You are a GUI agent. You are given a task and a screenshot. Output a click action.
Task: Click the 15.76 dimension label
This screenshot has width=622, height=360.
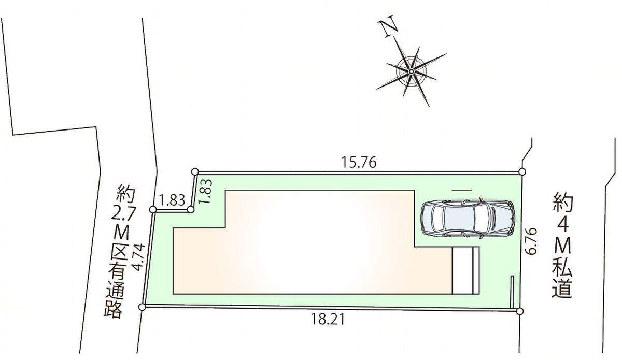click(359, 162)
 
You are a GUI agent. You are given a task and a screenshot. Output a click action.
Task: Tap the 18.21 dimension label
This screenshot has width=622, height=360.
click(328, 320)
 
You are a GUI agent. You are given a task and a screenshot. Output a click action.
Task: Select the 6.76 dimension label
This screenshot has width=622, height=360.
click(531, 241)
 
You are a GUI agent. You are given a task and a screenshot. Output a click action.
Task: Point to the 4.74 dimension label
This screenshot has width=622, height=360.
click(138, 257)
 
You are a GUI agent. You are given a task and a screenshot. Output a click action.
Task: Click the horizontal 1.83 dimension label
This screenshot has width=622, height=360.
click(172, 200)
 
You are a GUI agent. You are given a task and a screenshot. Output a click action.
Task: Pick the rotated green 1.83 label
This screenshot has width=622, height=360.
click(206, 191)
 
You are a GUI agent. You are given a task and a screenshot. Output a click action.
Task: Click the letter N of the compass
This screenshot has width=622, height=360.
click(388, 26)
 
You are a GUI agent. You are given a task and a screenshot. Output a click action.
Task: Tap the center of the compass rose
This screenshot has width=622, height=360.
click(411, 71)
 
